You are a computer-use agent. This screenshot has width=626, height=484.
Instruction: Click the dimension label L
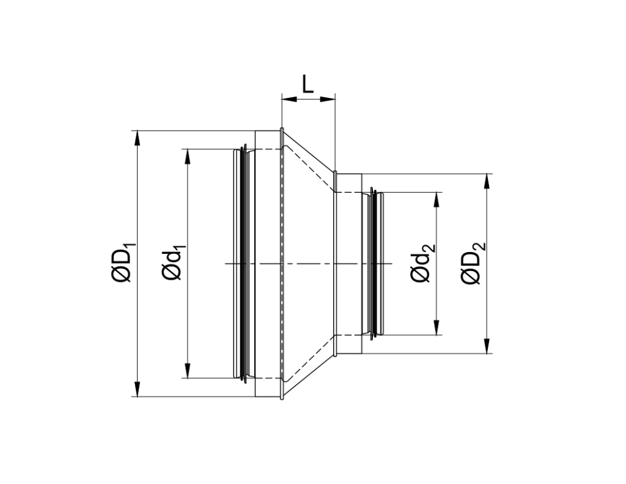pos(307,84)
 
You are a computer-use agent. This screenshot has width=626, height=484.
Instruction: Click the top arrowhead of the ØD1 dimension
pos(138,137)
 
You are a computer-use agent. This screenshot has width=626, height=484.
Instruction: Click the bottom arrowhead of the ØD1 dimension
pos(138,390)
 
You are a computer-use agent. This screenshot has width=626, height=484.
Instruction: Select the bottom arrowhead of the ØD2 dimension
pos(487,347)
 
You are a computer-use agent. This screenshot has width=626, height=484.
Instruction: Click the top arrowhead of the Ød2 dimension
pos(436,199)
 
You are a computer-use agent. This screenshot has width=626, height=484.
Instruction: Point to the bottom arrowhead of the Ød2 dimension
pos(436,329)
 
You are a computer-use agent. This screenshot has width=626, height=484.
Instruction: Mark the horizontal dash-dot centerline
pos(306,264)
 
